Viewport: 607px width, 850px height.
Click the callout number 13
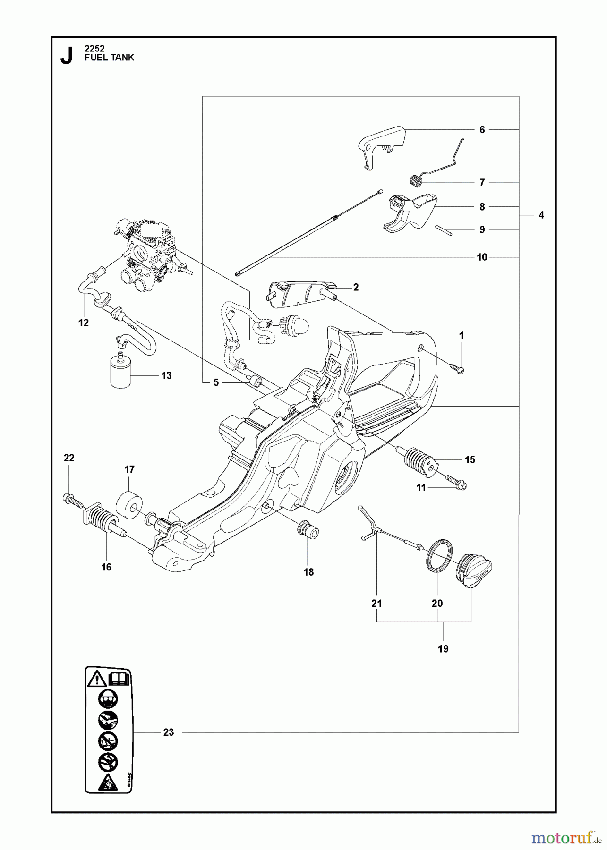tap(166, 376)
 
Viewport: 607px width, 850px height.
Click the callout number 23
tap(168, 732)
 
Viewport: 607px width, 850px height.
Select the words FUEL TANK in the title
tap(109, 58)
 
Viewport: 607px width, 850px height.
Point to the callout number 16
tap(106, 567)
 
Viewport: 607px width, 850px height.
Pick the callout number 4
tap(541, 215)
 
